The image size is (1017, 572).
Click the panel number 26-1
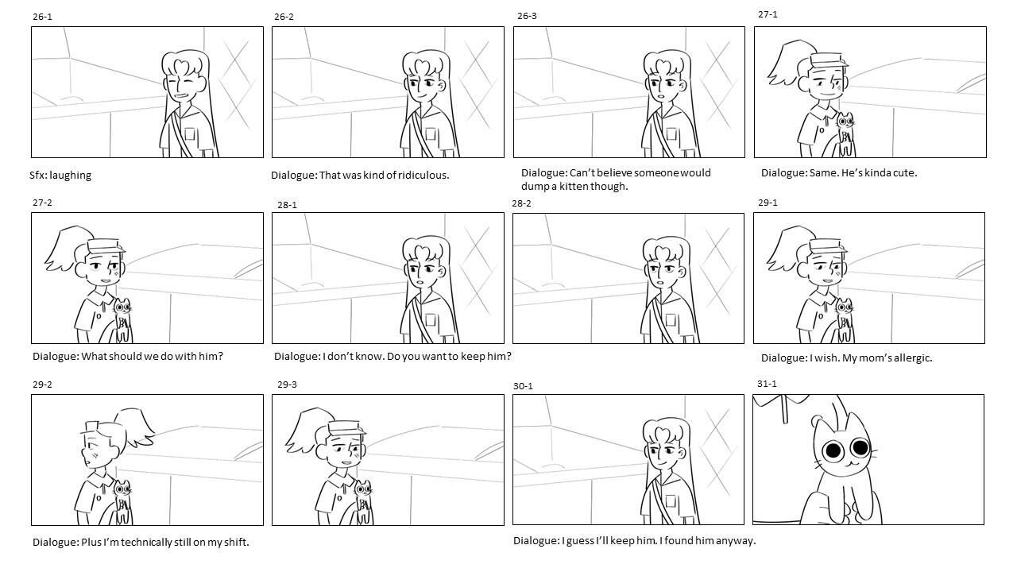pyautogui.click(x=42, y=17)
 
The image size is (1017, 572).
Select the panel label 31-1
pyautogui.click(x=767, y=384)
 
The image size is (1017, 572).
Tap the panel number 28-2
pyautogui.click(x=521, y=203)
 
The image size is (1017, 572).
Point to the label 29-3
pyautogui.click(x=287, y=385)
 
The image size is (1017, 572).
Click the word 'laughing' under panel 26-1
pyautogui.click(x=71, y=176)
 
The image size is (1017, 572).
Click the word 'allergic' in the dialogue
pyautogui.click(x=913, y=357)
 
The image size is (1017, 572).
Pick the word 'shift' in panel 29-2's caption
pyautogui.click(x=237, y=542)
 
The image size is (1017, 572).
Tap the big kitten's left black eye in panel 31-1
pyautogui.click(x=833, y=450)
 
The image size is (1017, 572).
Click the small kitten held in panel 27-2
pyautogui.click(x=122, y=319)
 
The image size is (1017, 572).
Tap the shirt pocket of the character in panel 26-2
pyautogui.click(x=430, y=135)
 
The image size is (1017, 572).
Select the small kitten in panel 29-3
pyautogui.click(x=363, y=501)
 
